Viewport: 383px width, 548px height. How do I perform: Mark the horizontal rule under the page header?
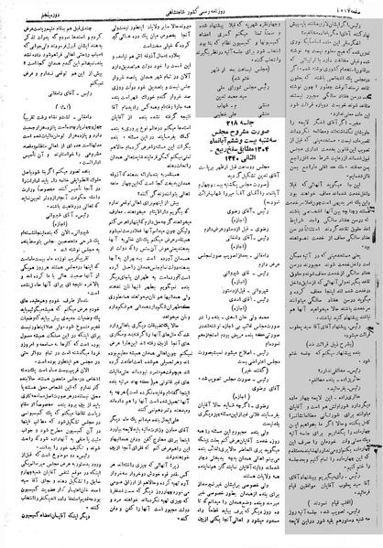(191, 17)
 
